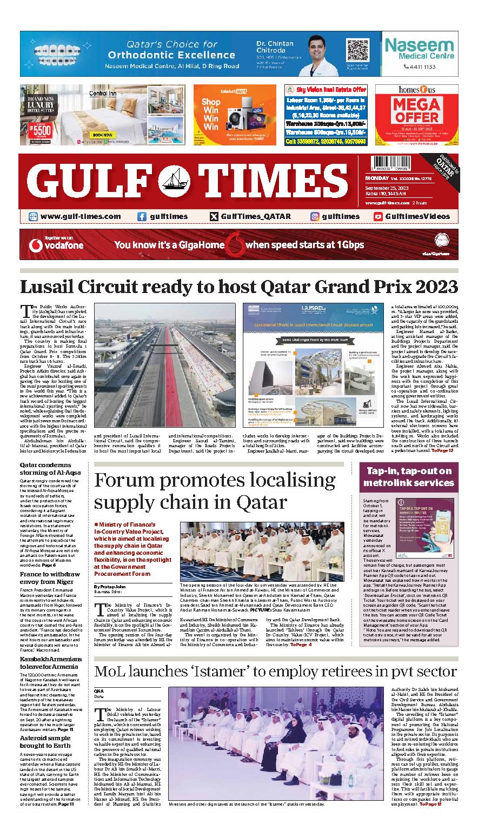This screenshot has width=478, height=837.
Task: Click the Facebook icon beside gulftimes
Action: click(x=142, y=216)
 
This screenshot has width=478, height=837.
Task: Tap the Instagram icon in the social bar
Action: click(x=314, y=216)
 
